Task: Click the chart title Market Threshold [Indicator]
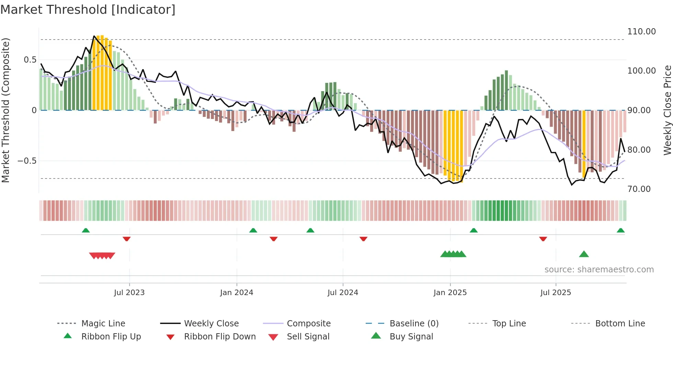[88, 10]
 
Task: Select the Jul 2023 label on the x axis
[129, 293]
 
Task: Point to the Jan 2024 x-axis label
[237, 293]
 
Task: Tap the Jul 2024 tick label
[343, 293]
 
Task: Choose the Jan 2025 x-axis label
[450, 293]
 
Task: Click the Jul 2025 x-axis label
[556, 293]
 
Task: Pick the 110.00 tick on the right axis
[641, 32]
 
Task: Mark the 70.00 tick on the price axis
[639, 189]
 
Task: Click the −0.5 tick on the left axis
[27, 161]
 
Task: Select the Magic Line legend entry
[103, 324]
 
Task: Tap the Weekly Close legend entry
[211, 324]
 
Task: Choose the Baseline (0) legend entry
[414, 324]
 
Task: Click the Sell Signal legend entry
[308, 337]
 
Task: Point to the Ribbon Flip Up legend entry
[111, 337]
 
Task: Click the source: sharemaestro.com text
[599, 270]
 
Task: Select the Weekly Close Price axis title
[667, 110]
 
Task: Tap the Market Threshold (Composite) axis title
[5, 110]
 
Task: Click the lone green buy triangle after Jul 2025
[584, 254]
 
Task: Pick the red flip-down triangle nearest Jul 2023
[127, 239]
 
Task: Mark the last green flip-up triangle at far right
[620, 230]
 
